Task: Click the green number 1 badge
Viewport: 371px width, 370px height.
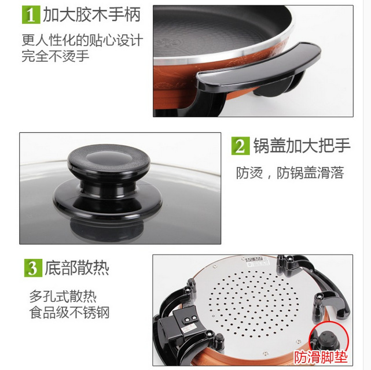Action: [31, 14]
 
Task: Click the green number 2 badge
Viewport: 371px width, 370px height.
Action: [240, 146]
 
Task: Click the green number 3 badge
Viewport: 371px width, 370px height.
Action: [34, 268]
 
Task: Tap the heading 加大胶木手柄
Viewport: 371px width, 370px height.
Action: [92, 14]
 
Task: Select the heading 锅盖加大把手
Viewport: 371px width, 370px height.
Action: [302, 146]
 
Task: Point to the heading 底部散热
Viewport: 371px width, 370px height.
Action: [77, 268]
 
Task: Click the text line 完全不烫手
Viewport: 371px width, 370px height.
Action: [56, 56]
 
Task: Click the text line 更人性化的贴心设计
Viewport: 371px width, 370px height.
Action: [82, 40]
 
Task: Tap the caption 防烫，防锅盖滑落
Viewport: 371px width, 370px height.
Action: [290, 173]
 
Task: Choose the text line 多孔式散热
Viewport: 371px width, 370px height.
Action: [63, 296]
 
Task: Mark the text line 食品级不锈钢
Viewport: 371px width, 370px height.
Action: [69, 312]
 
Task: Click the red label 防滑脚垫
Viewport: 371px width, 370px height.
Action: [321, 357]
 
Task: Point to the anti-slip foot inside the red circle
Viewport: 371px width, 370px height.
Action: [327, 341]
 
